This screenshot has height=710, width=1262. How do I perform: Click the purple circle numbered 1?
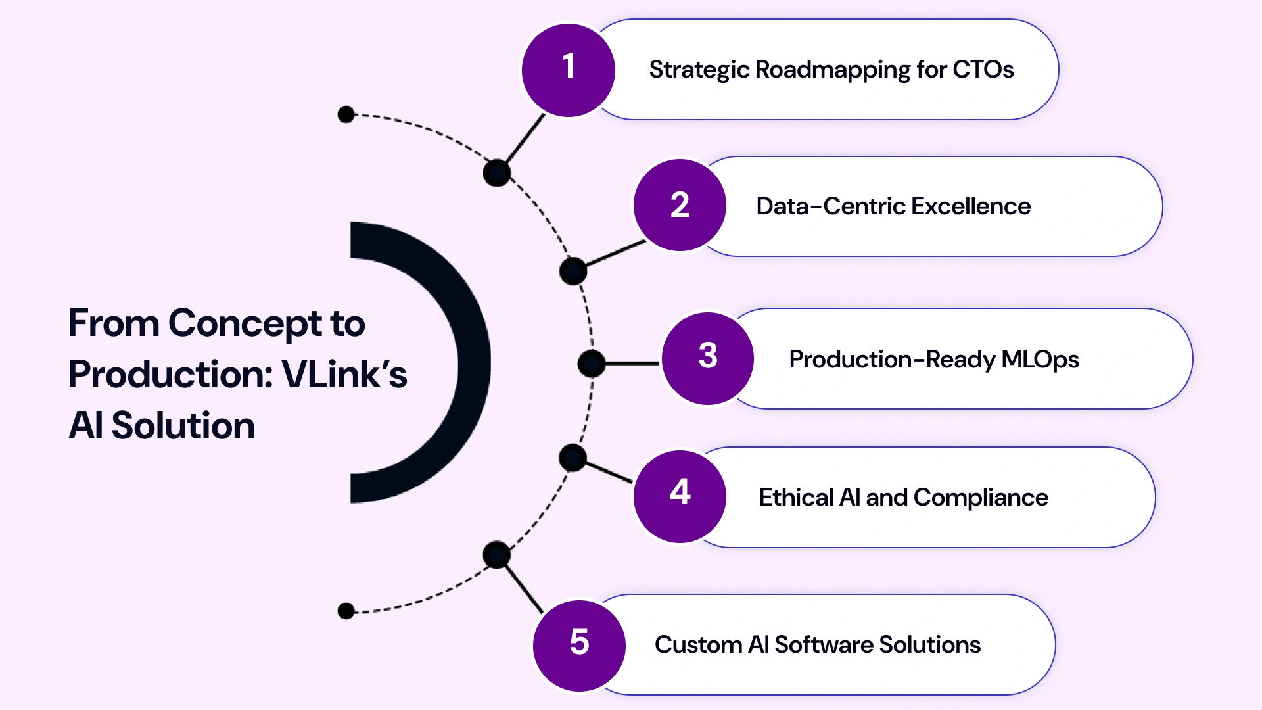569,70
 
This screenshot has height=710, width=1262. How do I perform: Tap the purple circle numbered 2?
680,205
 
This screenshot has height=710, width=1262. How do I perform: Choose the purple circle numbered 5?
579,645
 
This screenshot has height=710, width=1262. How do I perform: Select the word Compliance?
981,498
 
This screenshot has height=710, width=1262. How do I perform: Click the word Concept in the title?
245,323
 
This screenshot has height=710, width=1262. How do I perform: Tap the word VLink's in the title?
344,375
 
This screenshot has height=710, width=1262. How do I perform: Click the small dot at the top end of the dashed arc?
346,114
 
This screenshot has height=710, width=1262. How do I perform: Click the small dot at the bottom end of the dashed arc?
346,611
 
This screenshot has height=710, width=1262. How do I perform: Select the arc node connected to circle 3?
592,364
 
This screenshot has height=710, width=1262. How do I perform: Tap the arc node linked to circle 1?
497,174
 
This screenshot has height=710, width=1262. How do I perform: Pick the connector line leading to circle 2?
615,254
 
